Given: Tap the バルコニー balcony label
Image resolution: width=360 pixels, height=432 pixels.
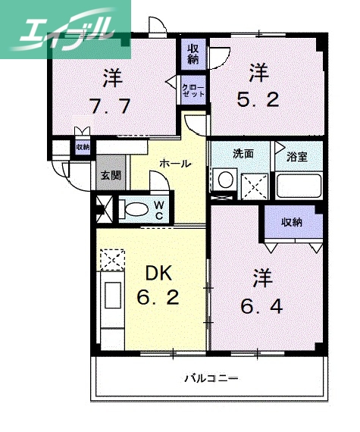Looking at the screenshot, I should [x=211, y=377].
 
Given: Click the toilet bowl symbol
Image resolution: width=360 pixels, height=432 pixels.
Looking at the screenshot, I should [x=135, y=208].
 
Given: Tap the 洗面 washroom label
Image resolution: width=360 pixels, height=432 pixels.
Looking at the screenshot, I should [x=243, y=153].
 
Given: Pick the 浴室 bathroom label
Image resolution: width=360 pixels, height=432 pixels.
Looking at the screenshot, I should [x=296, y=157].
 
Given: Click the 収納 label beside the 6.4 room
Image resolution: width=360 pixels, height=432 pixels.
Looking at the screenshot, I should [x=292, y=222].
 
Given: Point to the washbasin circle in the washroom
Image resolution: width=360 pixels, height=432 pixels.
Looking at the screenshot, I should [x=224, y=181].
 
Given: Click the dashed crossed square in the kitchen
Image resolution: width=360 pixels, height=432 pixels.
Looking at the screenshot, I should [x=111, y=259].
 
